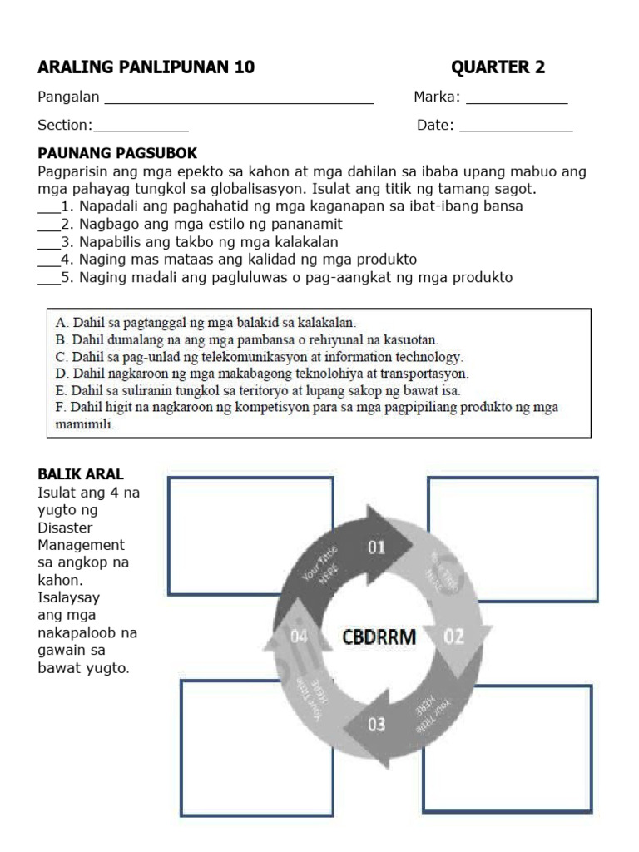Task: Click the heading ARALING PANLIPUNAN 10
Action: point(146,67)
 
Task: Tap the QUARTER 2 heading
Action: point(498,67)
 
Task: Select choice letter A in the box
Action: point(61,321)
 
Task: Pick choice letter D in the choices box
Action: point(61,374)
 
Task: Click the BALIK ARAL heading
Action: point(81,474)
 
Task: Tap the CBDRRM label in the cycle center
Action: point(379,637)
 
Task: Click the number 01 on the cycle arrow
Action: point(377,547)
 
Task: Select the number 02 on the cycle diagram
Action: point(453,637)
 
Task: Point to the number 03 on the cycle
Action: point(377,724)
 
